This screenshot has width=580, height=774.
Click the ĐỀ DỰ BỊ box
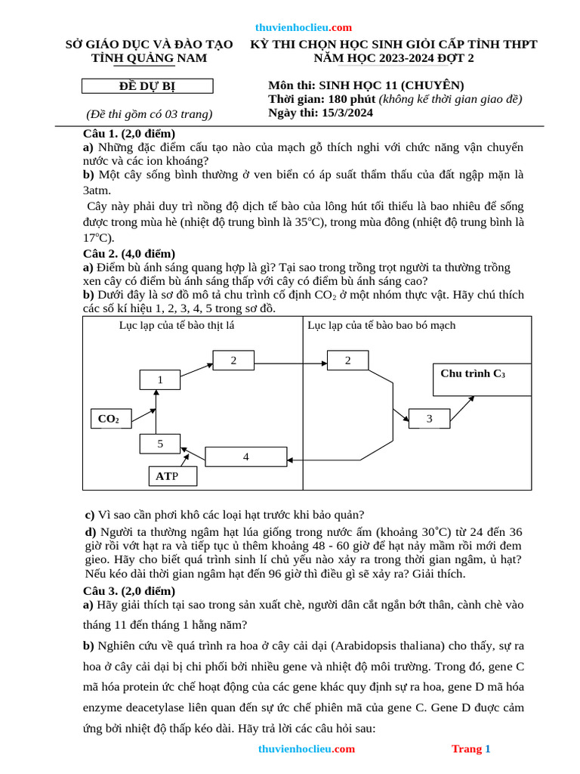143,86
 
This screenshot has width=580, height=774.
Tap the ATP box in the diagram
172,476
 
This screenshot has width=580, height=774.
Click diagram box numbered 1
160,379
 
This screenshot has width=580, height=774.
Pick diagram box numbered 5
160,444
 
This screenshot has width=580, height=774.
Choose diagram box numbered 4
246,457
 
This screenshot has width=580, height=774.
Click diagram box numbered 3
429,418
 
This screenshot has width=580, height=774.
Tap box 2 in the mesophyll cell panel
233,361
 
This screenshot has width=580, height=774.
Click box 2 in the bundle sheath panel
347,361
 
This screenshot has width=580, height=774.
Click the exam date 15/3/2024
344,113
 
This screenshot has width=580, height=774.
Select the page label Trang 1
470,749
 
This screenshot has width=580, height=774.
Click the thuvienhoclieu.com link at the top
304,27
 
